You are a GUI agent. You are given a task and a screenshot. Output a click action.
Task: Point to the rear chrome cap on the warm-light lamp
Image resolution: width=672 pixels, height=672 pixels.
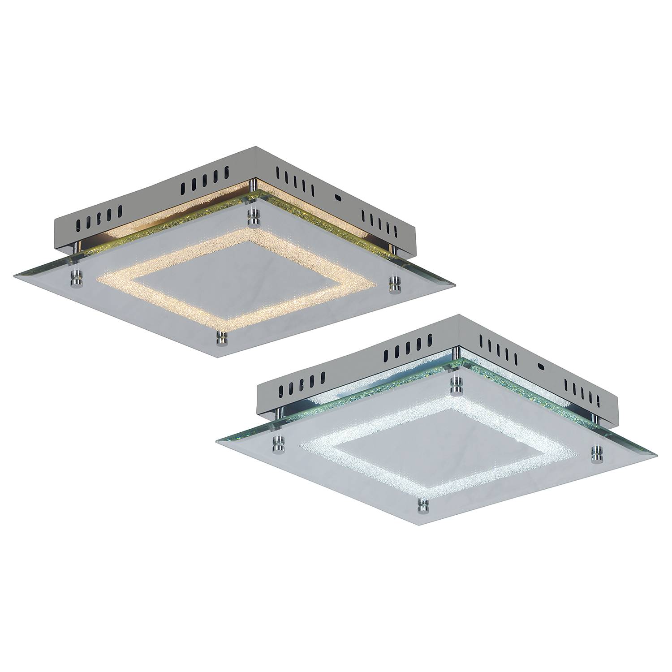[x=254, y=216]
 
